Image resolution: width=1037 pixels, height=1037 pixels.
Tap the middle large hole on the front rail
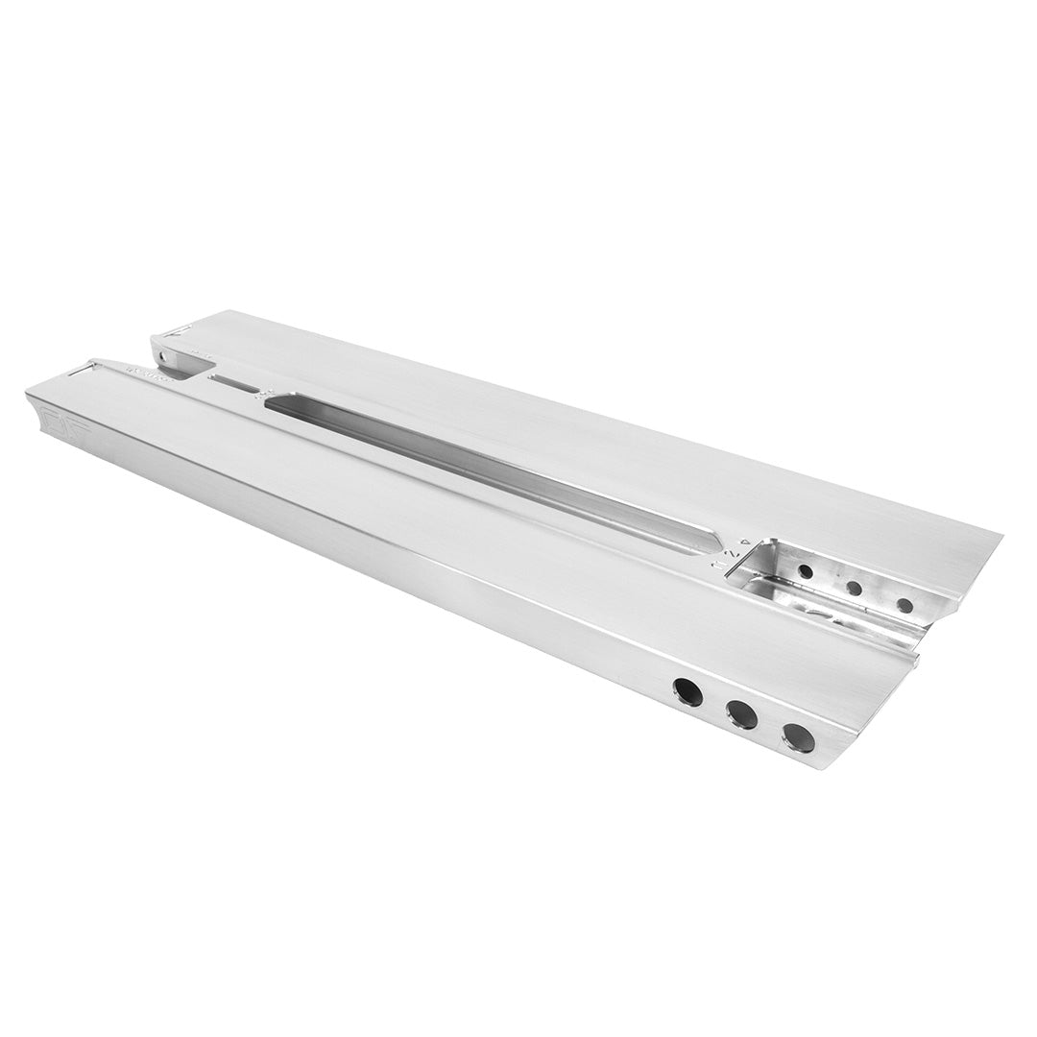click(x=741, y=713)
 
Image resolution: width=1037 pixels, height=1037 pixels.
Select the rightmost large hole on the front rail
click(x=798, y=737)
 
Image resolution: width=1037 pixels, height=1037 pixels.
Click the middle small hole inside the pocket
click(x=853, y=588)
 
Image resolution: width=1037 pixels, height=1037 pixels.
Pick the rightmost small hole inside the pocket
click(x=904, y=605)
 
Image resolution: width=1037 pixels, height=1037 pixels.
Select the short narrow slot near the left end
click(x=236, y=385)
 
